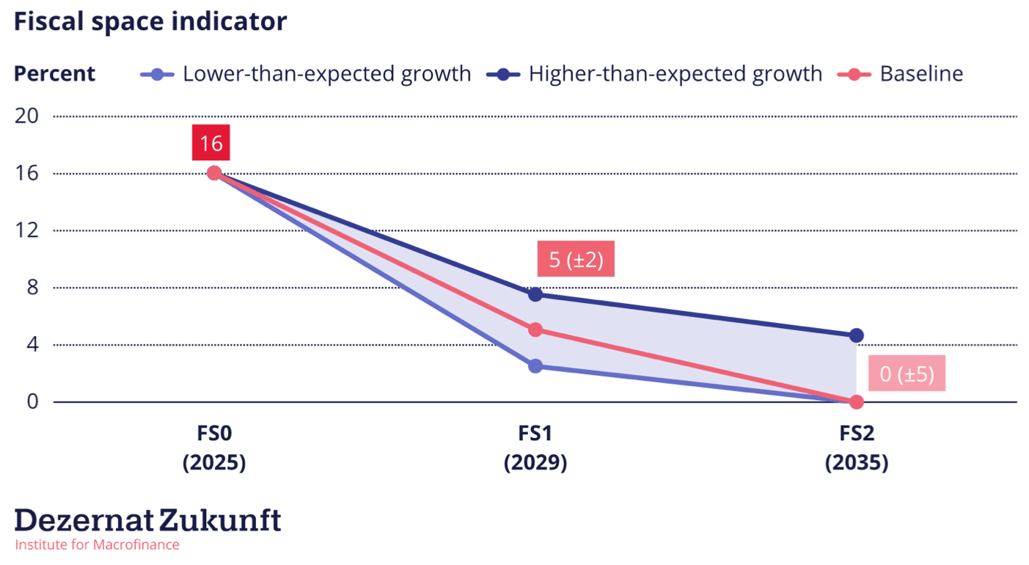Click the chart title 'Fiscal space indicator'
[150, 22]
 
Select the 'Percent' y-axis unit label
[55, 74]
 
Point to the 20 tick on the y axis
[30, 117]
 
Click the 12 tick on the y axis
[30, 230]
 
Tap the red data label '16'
[211, 143]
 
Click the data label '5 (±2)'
[576, 259]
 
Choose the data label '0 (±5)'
[907, 374]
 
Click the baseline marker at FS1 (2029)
[535, 330]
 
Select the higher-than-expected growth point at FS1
[535, 294]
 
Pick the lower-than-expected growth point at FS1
[535, 366]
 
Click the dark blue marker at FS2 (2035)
[856, 335]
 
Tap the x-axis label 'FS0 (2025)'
[214, 448]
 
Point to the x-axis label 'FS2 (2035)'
[857, 448]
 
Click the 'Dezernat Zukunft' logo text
[148, 520]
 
